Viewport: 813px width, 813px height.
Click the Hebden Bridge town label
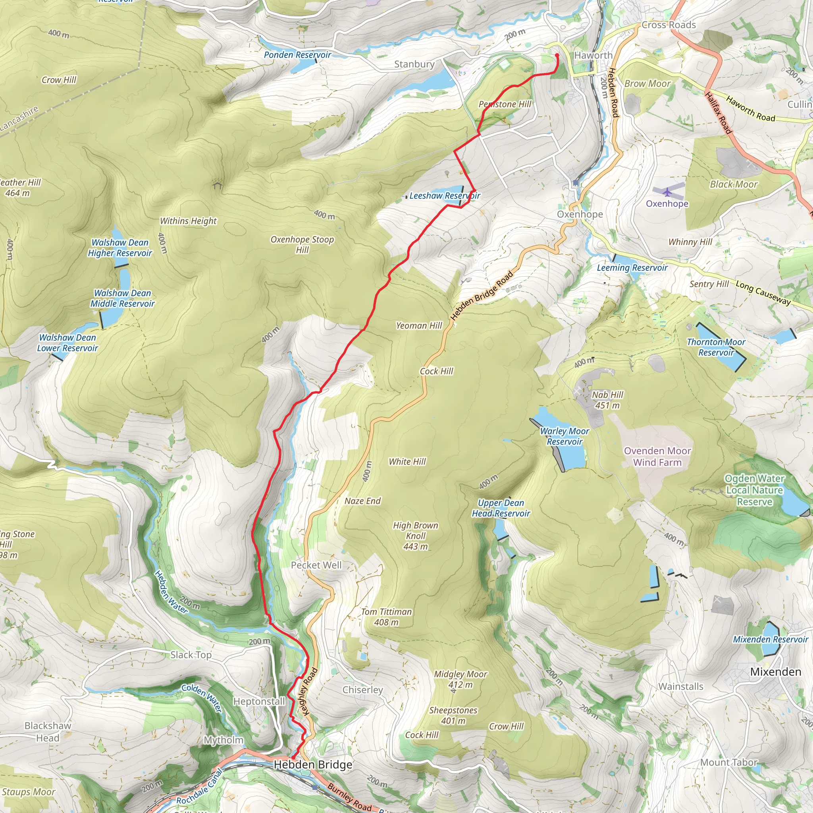click(313, 765)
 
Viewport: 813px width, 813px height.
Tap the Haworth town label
click(593, 55)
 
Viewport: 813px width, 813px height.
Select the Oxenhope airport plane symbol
click(667, 192)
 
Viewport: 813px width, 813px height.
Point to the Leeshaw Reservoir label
click(445, 196)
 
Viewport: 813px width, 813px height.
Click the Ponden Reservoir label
click(297, 55)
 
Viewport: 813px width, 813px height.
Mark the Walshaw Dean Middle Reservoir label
click(122, 299)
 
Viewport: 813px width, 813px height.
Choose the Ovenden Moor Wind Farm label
click(657, 457)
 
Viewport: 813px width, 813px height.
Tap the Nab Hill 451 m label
click(607, 400)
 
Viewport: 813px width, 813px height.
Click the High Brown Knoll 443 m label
click(415, 536)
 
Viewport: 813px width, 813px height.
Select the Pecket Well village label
click(316, 565)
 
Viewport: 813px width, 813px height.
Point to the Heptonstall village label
click(259, 701)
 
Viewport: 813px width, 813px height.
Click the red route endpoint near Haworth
click(557, 55)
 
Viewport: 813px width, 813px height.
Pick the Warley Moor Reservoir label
click(564, 436)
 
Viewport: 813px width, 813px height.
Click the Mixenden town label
click(776, 672)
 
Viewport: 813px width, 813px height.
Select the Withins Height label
click(188, 221)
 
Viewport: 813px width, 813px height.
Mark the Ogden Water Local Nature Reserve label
click(755, 490)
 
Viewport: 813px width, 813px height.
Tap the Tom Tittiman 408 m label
click(386, 617)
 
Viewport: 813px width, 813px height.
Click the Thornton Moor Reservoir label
click(716, 347)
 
